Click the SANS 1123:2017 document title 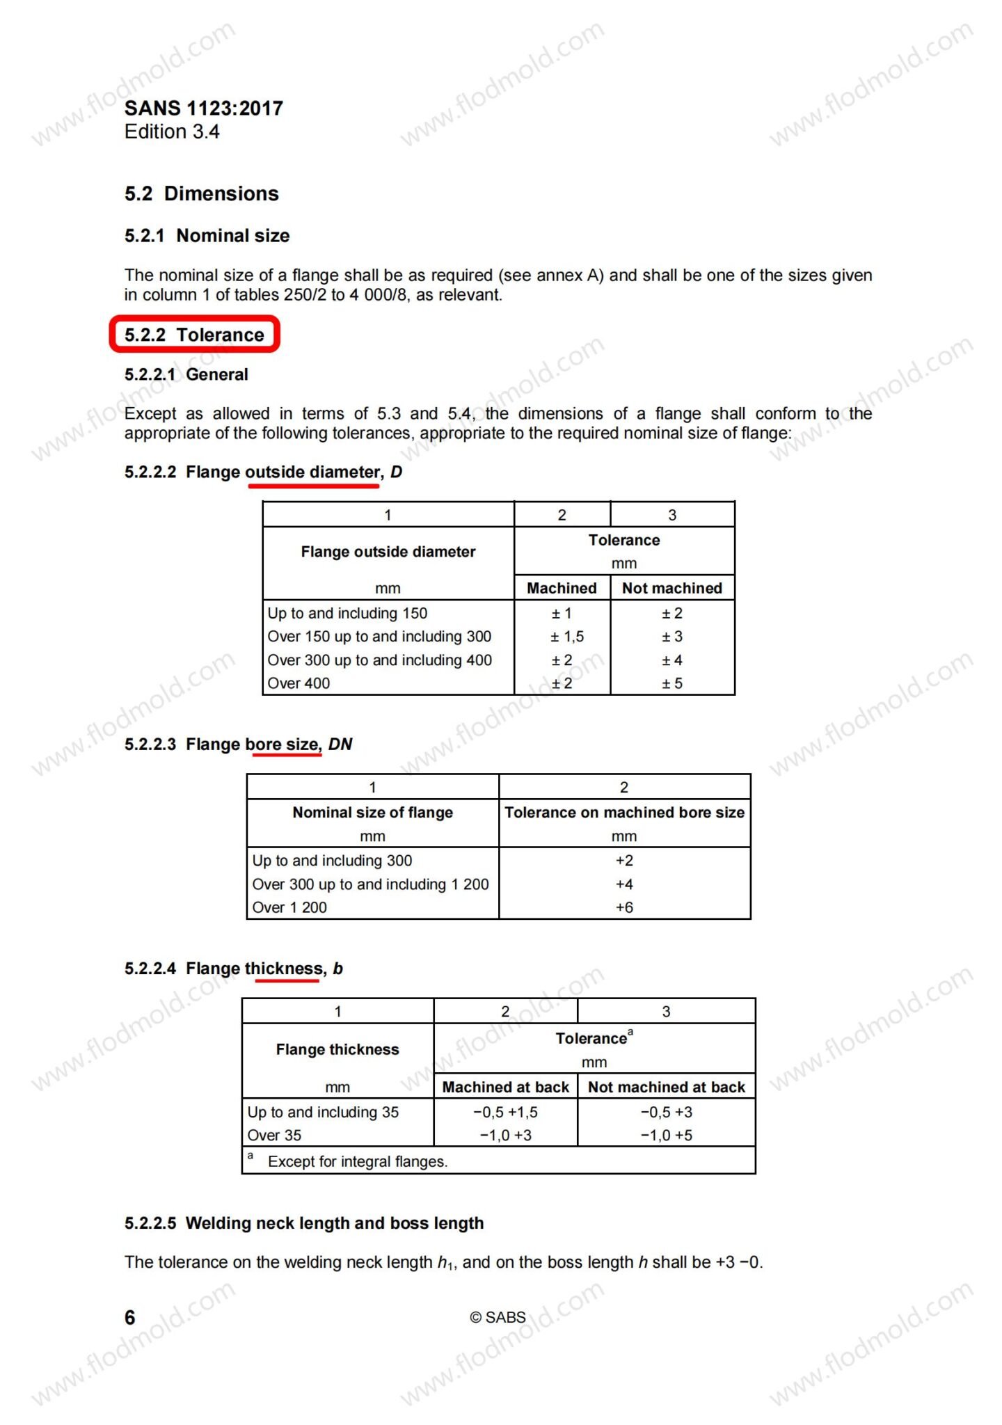pos(203,109)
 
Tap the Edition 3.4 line pos(172,132)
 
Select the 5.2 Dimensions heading pos(202,193)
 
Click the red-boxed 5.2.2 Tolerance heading pos(194,335)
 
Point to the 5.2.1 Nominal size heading pos(207,236)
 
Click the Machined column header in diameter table pos(562,588)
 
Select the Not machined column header pos(671,588)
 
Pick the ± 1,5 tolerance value pos(567,637)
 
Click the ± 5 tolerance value pos(671,683)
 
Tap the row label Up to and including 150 pos(347,613)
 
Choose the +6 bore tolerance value pos(624,907)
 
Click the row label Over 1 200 pos(289,907)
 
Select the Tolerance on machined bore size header pos(624,813)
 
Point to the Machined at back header pos(505,1087)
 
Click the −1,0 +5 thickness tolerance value pos(666,1135)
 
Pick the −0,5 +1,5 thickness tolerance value pos(505,1112)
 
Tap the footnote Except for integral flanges pos(358,1161)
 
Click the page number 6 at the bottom pos(130,1317)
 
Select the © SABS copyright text pos(498,1317)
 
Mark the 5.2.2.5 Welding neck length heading pos(304,1223)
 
